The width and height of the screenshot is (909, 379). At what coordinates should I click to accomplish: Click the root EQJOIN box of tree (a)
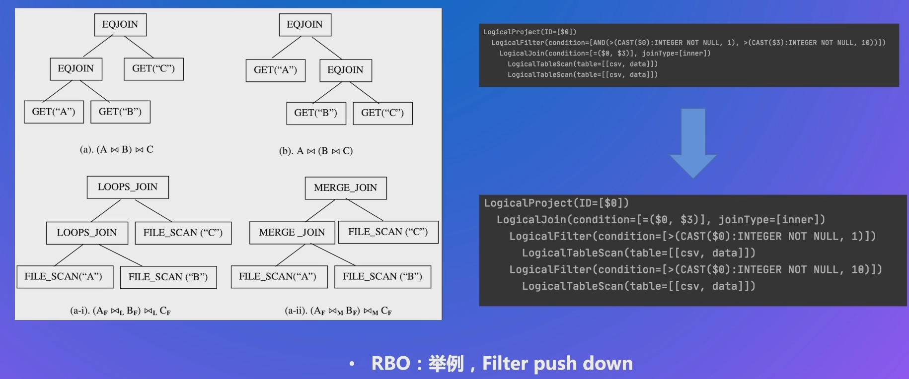[120, 25]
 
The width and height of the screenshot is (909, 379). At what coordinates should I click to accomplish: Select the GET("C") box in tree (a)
[153, 69]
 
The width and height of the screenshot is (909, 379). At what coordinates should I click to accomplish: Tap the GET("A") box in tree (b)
[275, 70]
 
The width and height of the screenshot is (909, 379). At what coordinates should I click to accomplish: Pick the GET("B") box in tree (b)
[316, 113]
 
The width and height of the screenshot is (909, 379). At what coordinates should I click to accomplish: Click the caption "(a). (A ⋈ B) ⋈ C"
[117, 149]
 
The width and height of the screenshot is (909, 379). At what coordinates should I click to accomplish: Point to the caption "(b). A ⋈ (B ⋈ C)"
[316, 151]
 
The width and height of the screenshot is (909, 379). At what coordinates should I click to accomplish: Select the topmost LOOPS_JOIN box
[128, 187]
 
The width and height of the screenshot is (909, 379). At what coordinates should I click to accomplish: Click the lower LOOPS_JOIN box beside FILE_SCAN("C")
[87, 233]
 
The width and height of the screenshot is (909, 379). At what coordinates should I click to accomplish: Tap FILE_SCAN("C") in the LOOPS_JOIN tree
[183, 233]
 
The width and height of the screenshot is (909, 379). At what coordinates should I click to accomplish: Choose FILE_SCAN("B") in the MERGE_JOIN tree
[382, 277]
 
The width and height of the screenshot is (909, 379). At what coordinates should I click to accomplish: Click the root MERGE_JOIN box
[345, 188]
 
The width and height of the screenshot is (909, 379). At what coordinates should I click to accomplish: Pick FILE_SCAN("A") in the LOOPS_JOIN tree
[64, 277]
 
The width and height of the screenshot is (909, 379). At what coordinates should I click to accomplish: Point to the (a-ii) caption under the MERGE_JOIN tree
[338, 311]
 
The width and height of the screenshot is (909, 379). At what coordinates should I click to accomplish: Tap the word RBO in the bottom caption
[391, 364]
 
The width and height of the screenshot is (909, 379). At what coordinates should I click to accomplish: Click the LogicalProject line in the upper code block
[530, 32]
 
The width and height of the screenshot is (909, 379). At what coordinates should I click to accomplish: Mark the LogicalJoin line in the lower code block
[661, 220]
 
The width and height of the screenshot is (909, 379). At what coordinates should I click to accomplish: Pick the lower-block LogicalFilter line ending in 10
[695, 270]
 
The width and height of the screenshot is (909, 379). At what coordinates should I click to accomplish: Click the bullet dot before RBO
[352, 364]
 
